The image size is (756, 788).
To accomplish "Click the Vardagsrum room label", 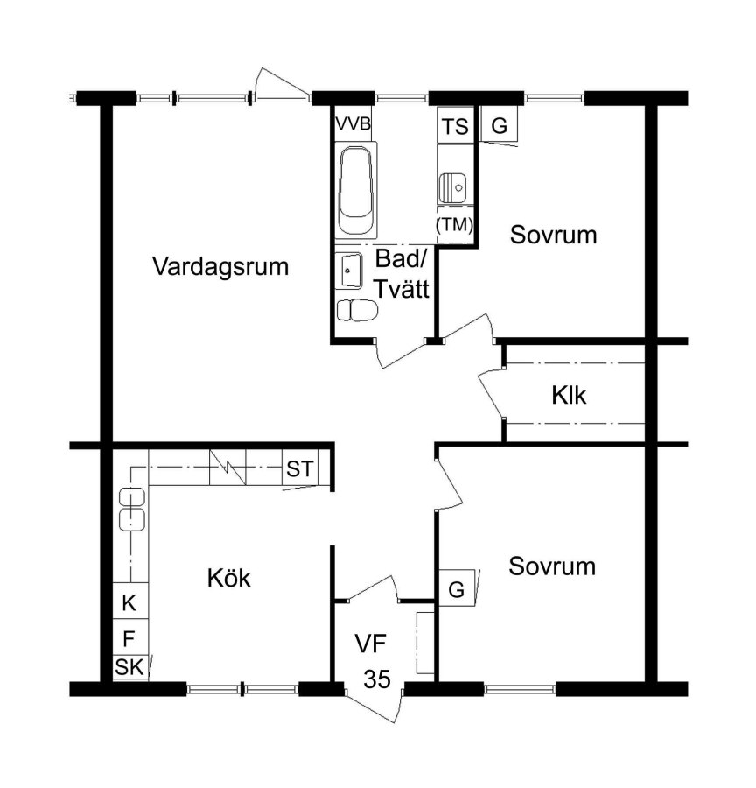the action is point(220,266).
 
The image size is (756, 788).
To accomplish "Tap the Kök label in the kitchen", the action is point(228,578).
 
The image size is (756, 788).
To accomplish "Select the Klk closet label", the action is point(569,395).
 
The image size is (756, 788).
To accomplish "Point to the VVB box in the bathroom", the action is point(353,123).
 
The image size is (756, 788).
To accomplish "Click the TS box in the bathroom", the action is point(456,125).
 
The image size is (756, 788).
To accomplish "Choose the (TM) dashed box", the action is point(455,225).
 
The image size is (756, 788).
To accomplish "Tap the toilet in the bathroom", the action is point(357,310).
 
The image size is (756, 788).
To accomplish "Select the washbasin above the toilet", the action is point(348,271).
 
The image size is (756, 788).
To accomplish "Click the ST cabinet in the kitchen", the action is point(299,469).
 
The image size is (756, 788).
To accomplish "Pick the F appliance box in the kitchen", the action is point(129,638).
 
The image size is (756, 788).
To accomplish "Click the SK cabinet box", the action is point(129,667).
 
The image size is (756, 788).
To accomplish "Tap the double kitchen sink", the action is point(132,509).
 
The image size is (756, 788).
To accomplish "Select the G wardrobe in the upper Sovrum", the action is point(499,125).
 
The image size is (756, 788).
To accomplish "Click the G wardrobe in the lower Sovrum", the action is point(457,588).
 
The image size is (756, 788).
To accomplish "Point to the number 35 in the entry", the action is point(377,679).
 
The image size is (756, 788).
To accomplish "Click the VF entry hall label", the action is point(371,644).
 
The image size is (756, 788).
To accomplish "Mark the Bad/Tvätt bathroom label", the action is point(402,274).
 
